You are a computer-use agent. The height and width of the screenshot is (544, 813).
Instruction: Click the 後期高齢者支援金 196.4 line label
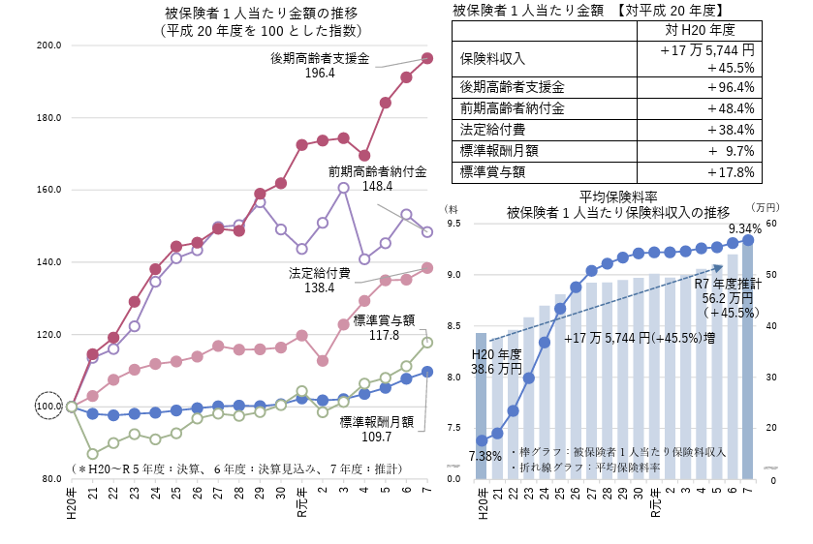(x=320, y=65)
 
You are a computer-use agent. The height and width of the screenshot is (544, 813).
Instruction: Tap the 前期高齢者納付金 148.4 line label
(x=377, y=179)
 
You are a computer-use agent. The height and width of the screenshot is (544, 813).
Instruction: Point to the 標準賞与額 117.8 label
(x=384, y=327)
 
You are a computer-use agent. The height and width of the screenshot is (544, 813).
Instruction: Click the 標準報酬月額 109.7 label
(x=377, y=429)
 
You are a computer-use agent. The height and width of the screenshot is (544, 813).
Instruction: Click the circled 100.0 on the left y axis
(x=48, y=407)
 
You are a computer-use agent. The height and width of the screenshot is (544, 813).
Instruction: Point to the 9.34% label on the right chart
(x=743, y=228)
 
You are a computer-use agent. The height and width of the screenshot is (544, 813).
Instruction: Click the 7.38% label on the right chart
(x=485, y=455)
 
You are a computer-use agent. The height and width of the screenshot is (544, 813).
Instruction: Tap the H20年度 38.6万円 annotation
(x=496, y=361)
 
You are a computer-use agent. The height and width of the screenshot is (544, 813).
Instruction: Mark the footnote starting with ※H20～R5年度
(x=236, y=468)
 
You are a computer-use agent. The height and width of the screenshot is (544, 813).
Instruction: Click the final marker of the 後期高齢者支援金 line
(x=427, y=59)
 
